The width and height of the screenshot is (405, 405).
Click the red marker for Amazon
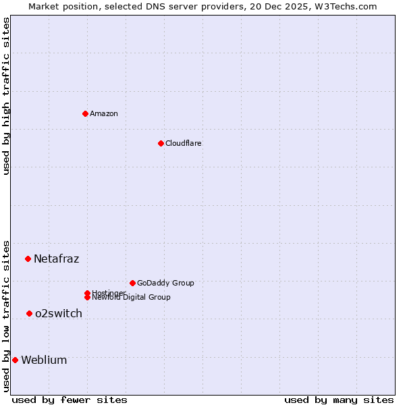tap(85, 113)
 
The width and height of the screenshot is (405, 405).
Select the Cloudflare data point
tap(161, 143)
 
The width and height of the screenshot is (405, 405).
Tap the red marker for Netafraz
tap(28, 259)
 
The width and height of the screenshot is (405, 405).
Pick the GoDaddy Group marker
tap(132, 283)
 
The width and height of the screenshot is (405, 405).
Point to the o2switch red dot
tap(29, 313)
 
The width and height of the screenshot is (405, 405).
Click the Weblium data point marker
tap(15, 360)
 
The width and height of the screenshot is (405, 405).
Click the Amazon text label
tap(104, 113)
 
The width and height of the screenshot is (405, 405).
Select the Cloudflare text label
tap(184, 143)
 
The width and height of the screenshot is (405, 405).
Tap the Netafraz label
tap(57, 259)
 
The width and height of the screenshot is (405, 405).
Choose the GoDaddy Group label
tap(165, 283)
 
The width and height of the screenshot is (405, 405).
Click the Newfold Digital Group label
tap(131, 297)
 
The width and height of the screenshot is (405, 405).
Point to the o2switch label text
tap(59, 313)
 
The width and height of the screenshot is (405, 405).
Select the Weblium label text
tap(44, 360)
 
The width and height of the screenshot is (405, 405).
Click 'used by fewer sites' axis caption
tap(70, 400)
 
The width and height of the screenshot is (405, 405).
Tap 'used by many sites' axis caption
tap(339, 400)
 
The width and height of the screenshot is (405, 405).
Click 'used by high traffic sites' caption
tap(6, 96)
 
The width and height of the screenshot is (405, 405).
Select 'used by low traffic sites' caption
tap(6, 316)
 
